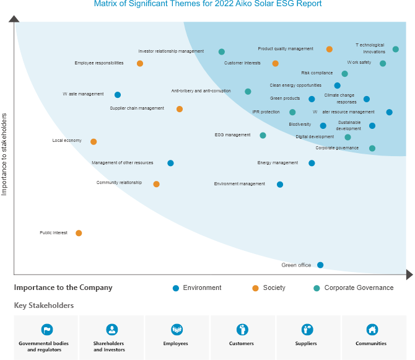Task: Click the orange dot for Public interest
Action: [79, 233]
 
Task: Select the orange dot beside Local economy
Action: [94, 141]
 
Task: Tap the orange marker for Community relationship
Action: [156, 184]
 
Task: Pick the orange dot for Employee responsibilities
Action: [140, 63]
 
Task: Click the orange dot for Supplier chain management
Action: [180, 109]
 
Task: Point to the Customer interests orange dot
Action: [276, 63]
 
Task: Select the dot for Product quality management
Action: [330, 49]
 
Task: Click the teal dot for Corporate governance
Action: [372, 148]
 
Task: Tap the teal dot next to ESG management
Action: [263, 135]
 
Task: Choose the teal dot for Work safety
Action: [383, 63]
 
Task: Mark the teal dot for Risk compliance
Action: [345, 74]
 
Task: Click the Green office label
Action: [296, 265]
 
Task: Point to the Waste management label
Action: [83, 94]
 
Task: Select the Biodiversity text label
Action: [300, 125]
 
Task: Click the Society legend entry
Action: [274, 288]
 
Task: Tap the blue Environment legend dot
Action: [176, 288]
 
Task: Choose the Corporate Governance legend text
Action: [359, 288]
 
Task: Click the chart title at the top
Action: [208, 4]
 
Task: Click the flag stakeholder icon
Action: [47, 330]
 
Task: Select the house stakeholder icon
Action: [372, 330]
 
